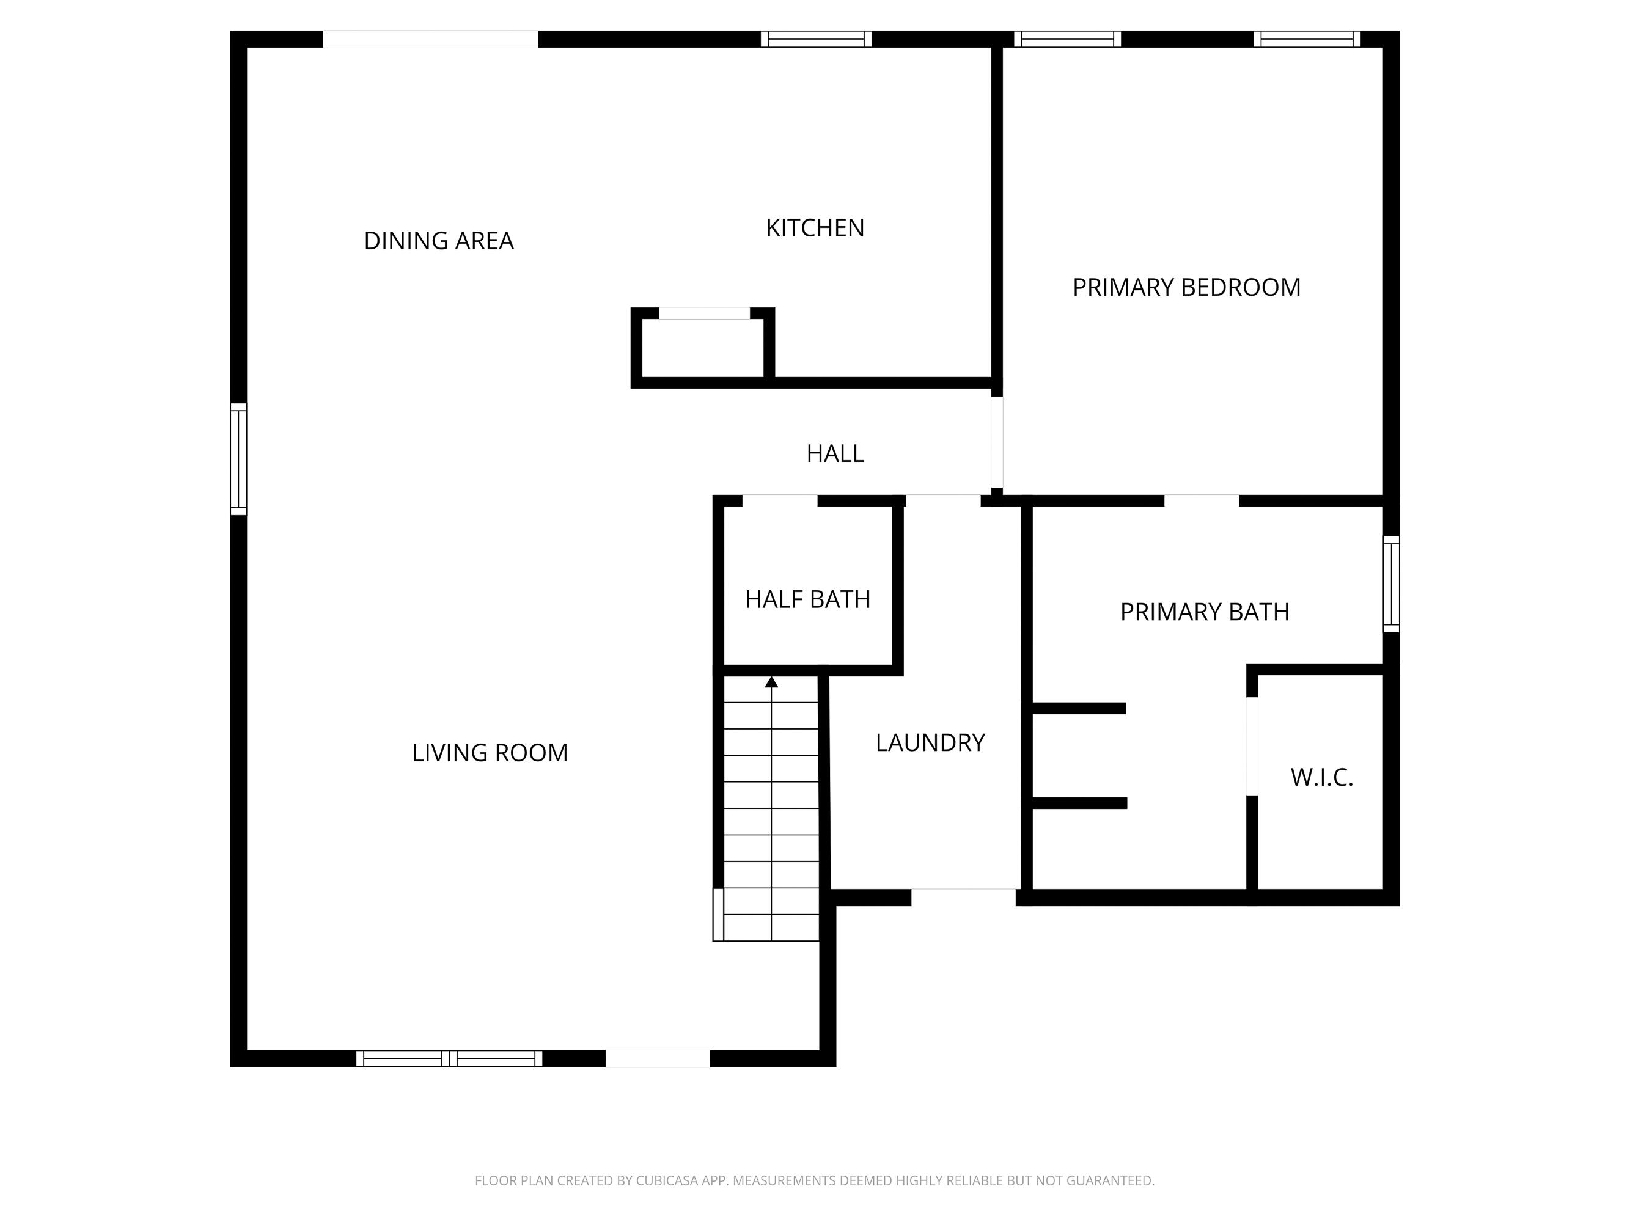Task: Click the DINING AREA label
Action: point(438,241)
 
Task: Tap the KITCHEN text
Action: point(815,228)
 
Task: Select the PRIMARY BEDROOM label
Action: point(1186,287)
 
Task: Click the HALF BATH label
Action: point(807,599)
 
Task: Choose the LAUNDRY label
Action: point(930,742)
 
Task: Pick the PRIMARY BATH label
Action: point(1204,612)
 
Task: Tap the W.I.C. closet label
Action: point(1321,778)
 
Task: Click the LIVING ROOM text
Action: point(490,753)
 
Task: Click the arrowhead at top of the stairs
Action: point(771,682)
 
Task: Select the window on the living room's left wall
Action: point(238,459)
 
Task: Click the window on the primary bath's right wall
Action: point(1390,584)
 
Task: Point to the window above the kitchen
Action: point(816,39)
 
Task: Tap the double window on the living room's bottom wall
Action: point(449,1058)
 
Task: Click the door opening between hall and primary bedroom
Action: point(996,442)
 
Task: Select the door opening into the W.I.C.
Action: point(1251,745)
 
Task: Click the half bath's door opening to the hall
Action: point(780,501)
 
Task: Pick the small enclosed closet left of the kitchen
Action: point(703,348)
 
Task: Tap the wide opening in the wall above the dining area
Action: point(430,39)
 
